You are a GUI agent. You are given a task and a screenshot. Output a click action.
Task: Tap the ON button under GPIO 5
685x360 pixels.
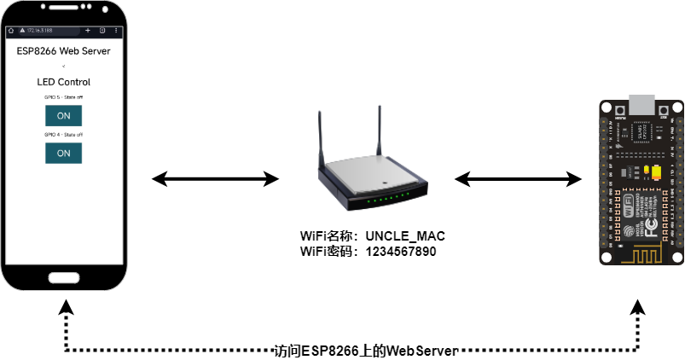(x=63, y=115)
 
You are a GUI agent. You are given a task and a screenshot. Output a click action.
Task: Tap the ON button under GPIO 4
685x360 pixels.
(x=63, y=153)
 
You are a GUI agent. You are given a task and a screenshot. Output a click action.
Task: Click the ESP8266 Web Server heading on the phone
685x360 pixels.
(x=63, y=50)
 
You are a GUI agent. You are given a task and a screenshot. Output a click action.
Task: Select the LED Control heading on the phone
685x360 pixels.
(x=63, y=82)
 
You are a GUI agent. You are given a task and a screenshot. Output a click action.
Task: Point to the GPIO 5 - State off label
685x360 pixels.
(x=63, y=97)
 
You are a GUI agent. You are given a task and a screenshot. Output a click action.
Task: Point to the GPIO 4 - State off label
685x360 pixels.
(x=63, y=134)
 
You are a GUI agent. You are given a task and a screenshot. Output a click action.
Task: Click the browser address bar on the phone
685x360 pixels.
(x=43, y=30)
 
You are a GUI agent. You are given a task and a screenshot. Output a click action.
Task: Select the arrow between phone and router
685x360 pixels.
(x=215, y=179)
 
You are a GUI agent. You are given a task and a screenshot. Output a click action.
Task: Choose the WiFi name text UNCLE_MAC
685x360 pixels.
(x=405, y=235)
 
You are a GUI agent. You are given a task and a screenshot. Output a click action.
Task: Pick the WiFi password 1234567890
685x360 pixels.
(x=400, y=252)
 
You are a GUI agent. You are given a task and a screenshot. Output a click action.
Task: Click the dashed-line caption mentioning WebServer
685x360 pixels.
(x=366, y=351)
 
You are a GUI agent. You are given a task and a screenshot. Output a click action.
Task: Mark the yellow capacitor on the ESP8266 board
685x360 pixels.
(x=655, y=173)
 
